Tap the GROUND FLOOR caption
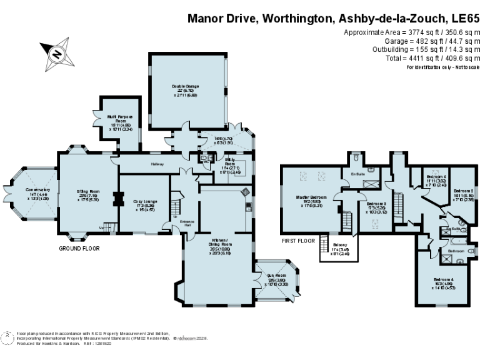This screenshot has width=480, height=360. click(76, 248)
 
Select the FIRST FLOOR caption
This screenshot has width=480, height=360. click(299, 240)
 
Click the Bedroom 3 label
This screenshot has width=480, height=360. click(376, 205)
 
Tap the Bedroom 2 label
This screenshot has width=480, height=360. click(463, 192)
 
